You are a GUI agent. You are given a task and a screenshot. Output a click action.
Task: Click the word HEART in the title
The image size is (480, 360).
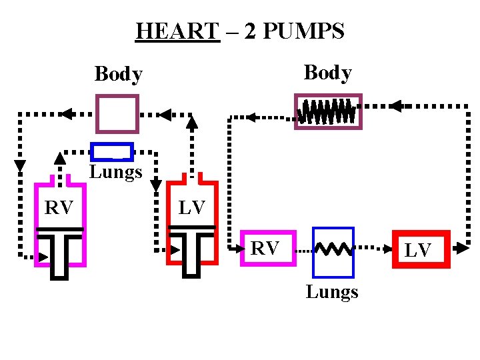point(177,31)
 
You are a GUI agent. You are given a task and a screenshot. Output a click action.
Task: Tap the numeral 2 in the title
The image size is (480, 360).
point(251,31)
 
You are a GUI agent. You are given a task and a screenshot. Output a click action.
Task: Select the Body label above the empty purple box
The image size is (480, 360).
point(118,74)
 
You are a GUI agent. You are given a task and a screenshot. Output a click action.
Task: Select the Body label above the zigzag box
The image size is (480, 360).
point(327,72)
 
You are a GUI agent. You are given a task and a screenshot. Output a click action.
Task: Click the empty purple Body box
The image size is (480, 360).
point(117,113)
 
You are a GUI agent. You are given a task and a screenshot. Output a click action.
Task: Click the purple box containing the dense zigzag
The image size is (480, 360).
point(328,111)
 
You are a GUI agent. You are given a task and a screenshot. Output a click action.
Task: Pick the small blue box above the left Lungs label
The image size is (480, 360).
point(112,152)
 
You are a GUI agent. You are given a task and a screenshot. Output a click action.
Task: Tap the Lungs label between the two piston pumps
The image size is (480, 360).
point(116,172)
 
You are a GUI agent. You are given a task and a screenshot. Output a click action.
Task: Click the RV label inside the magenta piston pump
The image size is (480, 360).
point(59,207)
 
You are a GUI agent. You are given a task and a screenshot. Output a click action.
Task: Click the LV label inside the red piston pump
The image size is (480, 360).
point(192,207)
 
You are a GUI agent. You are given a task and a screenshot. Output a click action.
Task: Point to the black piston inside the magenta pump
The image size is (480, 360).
point(60,250)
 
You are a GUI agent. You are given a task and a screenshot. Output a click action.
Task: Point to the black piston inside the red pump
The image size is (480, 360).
point(192,250)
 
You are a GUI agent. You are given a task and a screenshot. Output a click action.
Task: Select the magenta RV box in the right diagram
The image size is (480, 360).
point(267,248)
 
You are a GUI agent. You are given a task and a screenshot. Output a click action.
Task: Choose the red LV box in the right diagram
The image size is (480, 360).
point(421,249)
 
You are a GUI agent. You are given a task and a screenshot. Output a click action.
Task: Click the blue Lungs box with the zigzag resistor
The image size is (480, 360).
point(333,251)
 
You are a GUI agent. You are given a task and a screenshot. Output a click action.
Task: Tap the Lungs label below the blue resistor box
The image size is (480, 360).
point(332,292)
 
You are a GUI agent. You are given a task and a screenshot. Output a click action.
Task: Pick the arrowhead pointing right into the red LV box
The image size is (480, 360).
point(385,249)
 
